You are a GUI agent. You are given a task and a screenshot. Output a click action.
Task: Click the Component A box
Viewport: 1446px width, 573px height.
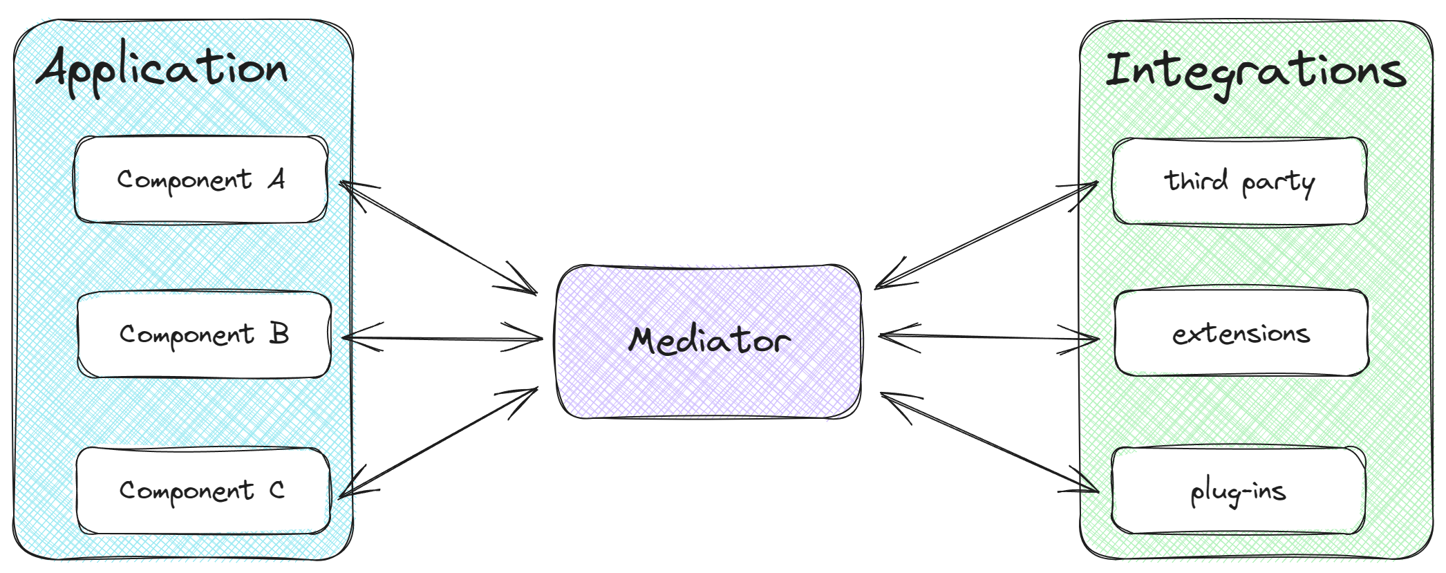pos(200,180)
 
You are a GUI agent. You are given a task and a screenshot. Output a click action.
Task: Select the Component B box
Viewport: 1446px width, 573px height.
pos(204,335)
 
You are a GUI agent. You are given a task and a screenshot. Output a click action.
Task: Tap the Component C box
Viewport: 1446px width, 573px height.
pos(203,491)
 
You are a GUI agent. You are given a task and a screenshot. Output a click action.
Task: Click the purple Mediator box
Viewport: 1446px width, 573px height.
pos(708,341)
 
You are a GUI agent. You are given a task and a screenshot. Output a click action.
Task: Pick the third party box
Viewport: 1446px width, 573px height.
pos(1239,181)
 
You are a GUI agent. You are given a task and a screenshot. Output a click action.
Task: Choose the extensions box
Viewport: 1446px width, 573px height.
pos(1241,334)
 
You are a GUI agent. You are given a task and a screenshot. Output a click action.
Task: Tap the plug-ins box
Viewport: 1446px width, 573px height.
pos(1239,491)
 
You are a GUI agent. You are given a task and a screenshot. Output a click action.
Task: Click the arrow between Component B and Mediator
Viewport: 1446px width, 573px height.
pos(442,338)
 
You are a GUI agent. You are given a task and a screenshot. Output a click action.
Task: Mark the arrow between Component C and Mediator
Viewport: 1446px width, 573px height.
pos(438,442)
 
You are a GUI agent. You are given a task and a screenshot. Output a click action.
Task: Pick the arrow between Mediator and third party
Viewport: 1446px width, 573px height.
pos(986,234)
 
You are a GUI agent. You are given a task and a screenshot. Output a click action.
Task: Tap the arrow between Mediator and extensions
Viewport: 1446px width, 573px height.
pos(988,337)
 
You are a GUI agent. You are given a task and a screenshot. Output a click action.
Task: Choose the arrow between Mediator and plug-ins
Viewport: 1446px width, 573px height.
pos(990,442)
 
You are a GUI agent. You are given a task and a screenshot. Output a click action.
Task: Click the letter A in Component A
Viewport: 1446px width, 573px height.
pos(276,180)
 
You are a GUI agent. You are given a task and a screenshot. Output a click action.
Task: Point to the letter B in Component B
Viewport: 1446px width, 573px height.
pos(279,335)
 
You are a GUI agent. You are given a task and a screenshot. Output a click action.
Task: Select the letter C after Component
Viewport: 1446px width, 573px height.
pos(276,490)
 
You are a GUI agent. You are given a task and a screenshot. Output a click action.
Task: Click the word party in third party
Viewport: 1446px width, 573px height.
pos(1277,184)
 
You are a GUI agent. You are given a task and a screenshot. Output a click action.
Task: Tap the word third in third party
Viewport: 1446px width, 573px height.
pos(1196,180)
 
